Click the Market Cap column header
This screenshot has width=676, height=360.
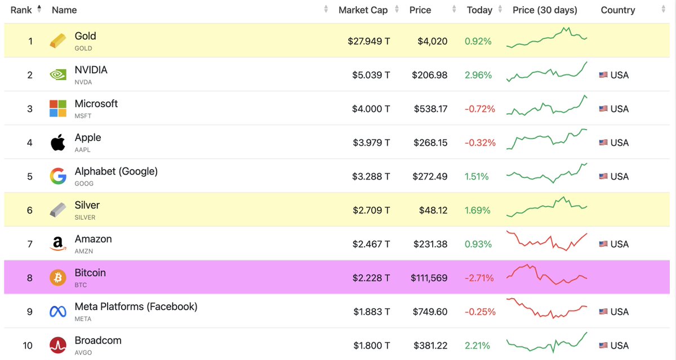pos(363,10)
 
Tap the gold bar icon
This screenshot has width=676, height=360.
pos(58,41)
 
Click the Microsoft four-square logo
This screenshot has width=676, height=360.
pos(58,109)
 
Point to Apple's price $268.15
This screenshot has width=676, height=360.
pos(429,143)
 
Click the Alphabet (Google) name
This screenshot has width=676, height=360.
pos(116,171)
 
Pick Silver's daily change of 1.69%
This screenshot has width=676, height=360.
pos(478,210)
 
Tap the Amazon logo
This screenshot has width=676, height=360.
pos(58,244)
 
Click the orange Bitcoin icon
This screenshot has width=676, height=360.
pos(58,278)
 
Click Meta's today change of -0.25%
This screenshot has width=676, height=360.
pos(480,312)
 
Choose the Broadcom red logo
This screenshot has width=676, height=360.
pos(58,345)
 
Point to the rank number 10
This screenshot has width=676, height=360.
pos(28,345)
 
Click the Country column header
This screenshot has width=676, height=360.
pos(617,10)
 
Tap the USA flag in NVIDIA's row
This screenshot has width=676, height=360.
pos(603,75)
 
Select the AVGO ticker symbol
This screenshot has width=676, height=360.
pos(83,353)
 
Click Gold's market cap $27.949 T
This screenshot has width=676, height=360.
pos(368,41)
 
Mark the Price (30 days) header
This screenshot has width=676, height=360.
pos(545,10)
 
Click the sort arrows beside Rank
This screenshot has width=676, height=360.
pos(39,10)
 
